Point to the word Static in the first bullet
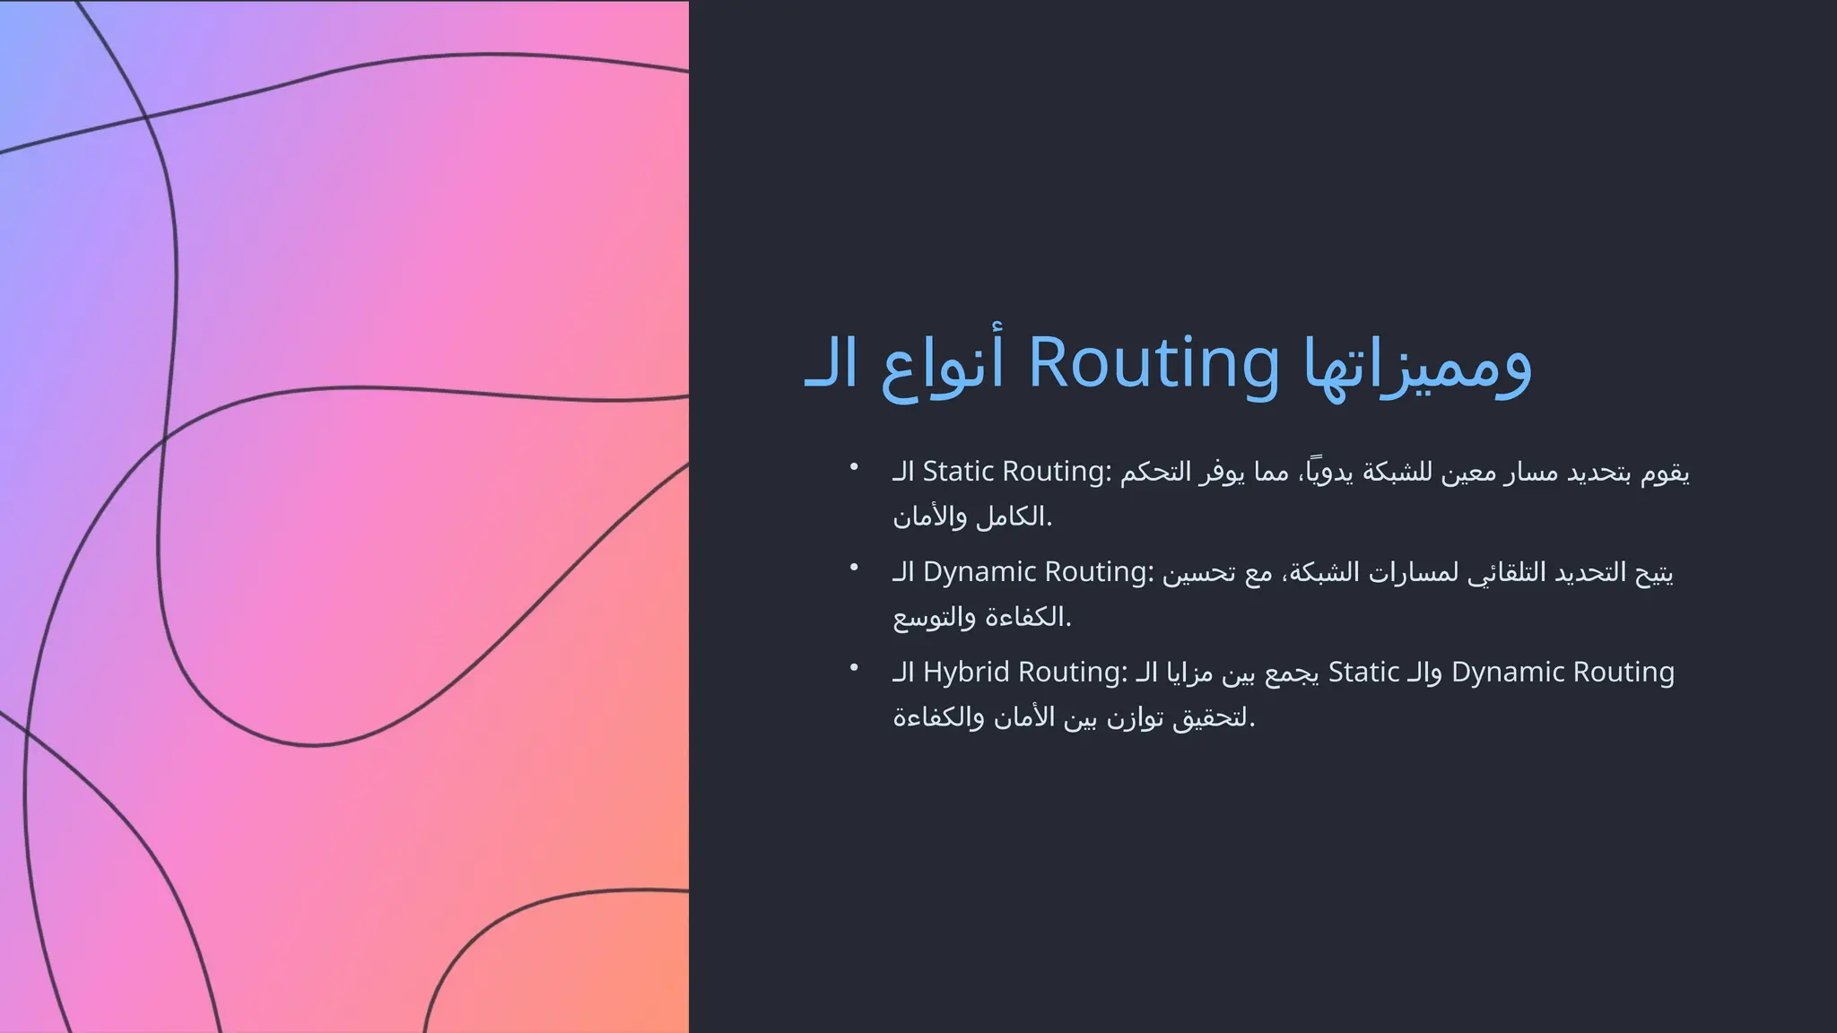pos(958,471)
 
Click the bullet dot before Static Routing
pos(854,466)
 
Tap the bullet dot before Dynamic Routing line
pos(854,567)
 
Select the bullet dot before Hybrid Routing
pos(854,667)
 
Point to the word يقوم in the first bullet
pos(1665,472)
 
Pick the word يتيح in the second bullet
pos(1654,572)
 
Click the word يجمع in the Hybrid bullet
pos(1292,673)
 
